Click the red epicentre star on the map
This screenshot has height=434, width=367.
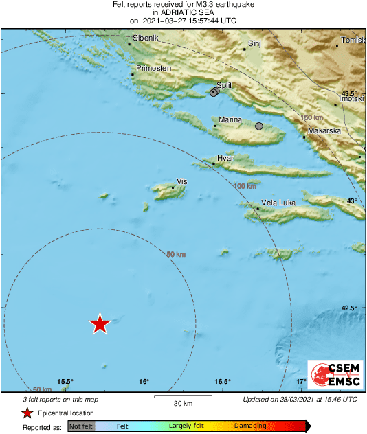(100, 323)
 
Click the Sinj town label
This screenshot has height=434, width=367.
(255, 43)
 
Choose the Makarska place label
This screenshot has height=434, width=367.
(325, 130)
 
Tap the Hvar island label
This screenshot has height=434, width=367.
(225, 159)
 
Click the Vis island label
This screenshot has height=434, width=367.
(182, 181)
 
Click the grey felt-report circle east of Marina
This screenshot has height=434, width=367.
(259, 126)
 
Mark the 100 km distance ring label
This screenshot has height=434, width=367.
(245, 186)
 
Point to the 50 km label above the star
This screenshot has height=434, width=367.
(177, 255)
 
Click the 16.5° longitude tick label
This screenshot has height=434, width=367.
(221, 382)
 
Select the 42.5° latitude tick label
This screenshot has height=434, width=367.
(350, 308)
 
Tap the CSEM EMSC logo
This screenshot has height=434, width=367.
(331, 376)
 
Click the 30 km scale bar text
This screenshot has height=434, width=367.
(164, 402)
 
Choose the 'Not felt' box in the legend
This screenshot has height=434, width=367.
(82, 426)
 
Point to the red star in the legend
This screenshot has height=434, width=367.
(27, 413)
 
